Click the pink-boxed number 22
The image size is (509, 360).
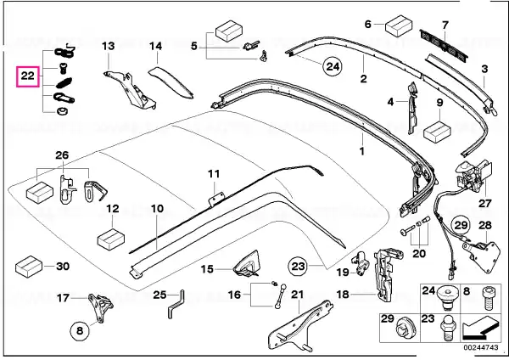[x=28, y=76]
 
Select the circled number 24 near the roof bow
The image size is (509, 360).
[x=333, y=66]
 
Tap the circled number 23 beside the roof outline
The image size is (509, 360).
[x=298, y=267]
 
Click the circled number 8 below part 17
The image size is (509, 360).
[x=80, y=331]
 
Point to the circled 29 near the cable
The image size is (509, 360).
[x=461, y=225]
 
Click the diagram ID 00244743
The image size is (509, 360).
[x=481, y=347]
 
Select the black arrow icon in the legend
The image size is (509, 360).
[x=480, y=328]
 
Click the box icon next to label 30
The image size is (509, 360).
[x=29, y=267]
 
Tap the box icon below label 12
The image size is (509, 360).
[x=111, y=239]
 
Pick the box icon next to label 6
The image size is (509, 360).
[x=399, y=25]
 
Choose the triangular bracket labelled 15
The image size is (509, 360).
[x=248, y=264]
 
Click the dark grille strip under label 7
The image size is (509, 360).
[x=444, y=47]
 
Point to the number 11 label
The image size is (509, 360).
[x=214, y=174]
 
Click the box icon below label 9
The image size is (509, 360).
[x=437, y=132]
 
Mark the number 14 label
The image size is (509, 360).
[x=155, y=46]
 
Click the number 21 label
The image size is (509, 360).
[x=297, y=295]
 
